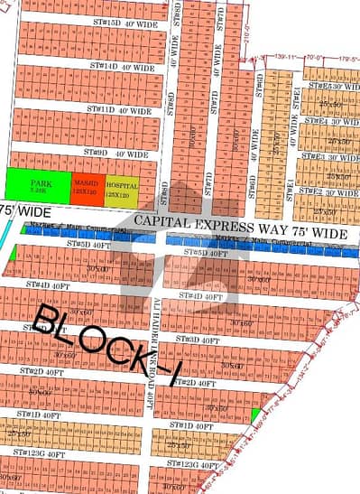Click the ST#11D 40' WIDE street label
118,109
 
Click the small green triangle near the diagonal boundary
257,415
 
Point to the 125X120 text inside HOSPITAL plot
123,194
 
